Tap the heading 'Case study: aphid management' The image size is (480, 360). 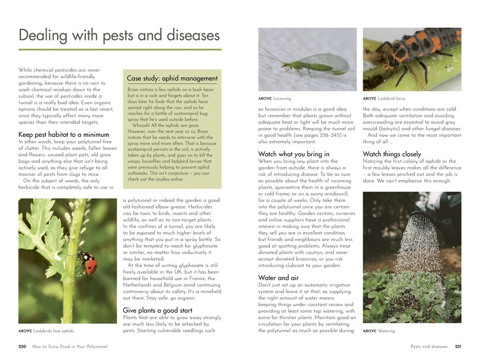tap(172, 78)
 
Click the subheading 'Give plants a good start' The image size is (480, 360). tap(157, 310)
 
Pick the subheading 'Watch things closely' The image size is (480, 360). tap(392, 154)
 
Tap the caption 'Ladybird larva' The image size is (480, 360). tap(384, 98)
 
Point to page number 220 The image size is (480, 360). tap(23, 346)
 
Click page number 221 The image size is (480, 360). tap(457, 346)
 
